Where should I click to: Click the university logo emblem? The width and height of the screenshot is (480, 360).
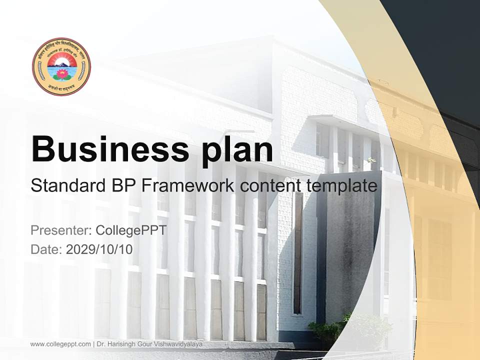[x=61, y=66]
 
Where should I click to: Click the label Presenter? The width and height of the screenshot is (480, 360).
[x=61, y=230]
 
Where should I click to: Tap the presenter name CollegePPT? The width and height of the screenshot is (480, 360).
[x=131, y=230]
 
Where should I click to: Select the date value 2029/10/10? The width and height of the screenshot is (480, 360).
[x=99, y=249]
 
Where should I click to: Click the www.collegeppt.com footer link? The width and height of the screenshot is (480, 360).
[x=60, y=344]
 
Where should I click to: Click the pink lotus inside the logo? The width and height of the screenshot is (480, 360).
[x=62, y=74]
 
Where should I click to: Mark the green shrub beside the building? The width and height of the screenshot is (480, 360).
[x=327, y=330]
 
